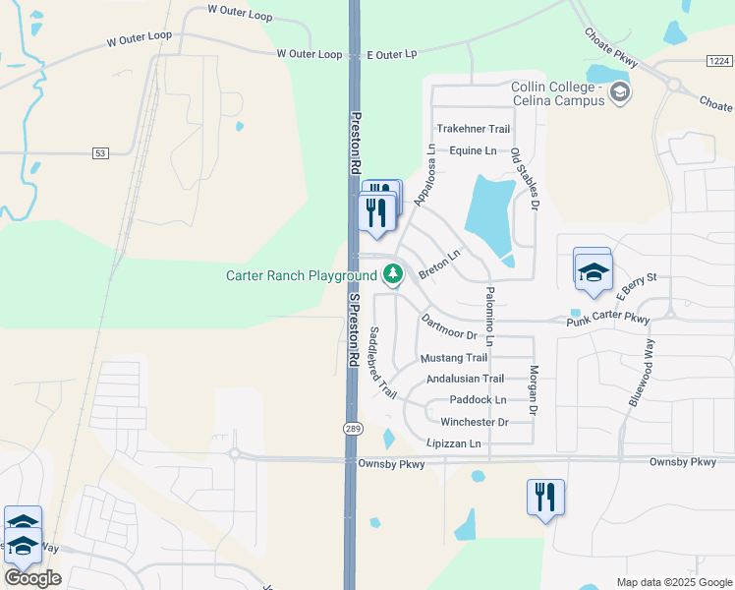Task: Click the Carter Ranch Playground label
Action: click(x=302, y=275)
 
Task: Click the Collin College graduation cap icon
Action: click(x=620, y=93)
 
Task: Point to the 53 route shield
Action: click(x=100, y=152)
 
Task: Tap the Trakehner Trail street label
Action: click(x=474, y=129)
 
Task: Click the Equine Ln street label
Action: click(x=473, y=150)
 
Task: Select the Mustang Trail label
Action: click(x=454, y=358)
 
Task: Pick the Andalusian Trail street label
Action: click(x=465, y=379)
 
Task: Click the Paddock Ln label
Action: click(x=478, y=400)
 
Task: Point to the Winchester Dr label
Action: click(x=474, y=422)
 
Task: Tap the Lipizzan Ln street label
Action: click(x=453, y=443)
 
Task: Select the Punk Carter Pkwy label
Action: click(x=608, y=321)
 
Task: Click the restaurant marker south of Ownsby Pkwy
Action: click(x=544, y=497)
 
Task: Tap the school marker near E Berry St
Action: click(x=594, y=271)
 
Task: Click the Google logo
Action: click(x=32, y=578)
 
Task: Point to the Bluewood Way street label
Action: click(x=642, y=372)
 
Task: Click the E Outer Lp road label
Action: click(x=392, y=54)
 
